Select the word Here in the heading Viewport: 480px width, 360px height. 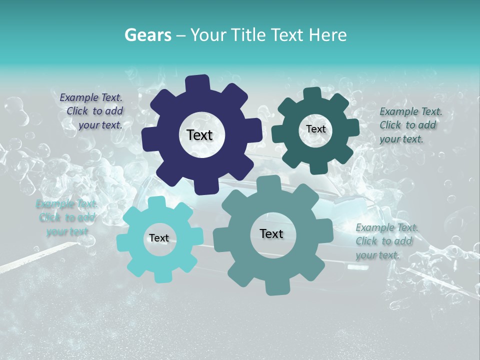pos(328,35)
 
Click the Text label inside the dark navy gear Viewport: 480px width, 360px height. pos(199,135)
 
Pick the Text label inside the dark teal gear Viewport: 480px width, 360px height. pos(315,129)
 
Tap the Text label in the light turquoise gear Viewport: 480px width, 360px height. pos(159,238)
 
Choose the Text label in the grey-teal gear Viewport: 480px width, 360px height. pos(271,233)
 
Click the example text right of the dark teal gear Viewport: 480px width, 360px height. pos(410,125)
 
